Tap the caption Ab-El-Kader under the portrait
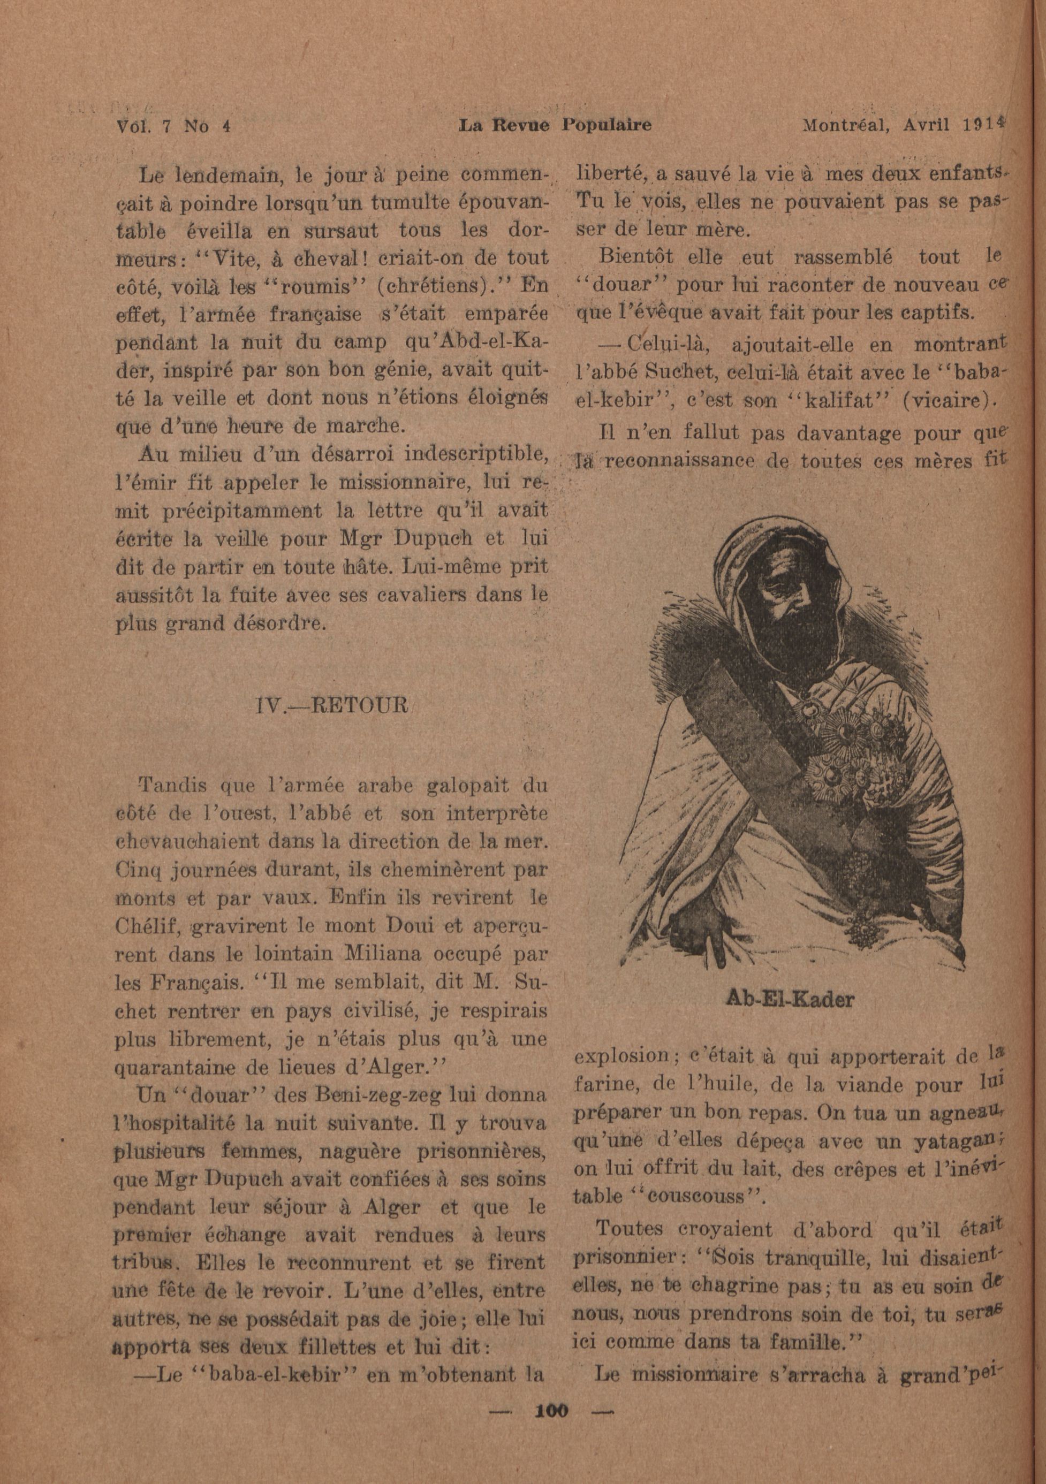[789, 999]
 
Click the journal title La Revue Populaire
[554, 125]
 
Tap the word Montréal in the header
[841, 125]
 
